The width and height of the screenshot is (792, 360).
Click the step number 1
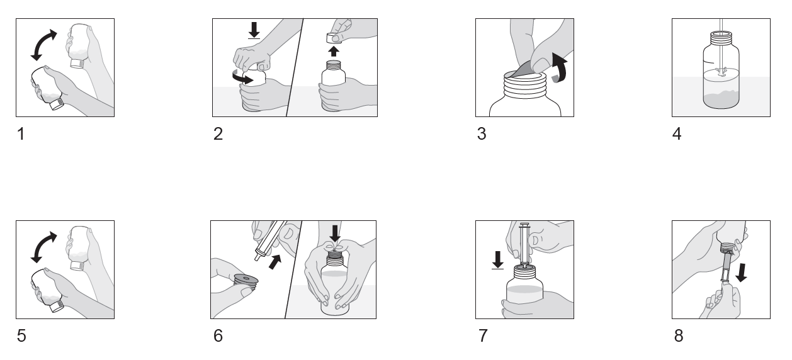21,134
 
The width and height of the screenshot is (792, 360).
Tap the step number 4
677,134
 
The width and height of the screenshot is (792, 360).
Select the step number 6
218,336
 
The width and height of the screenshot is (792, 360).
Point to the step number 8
679,336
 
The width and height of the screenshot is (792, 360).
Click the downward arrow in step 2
254,30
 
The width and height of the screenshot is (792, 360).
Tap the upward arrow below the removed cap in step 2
333,51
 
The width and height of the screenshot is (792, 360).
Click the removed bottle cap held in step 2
334,38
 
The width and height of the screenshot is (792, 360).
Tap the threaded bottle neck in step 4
721,38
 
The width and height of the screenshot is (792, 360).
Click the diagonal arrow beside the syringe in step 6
275,261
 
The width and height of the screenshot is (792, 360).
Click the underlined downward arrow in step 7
498,260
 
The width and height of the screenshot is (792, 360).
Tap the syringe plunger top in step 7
524,225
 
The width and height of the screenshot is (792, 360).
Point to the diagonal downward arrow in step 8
742,273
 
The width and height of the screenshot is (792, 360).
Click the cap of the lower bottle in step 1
57,104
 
